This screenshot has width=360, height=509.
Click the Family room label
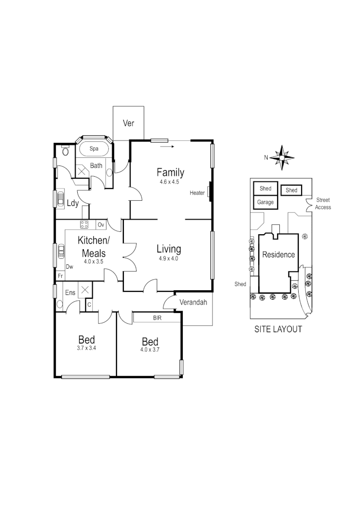coord(170,172)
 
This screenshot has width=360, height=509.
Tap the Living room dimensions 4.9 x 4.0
coord(168,258)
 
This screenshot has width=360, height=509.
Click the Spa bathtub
coord(94,149)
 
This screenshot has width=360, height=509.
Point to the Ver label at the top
coord(129,123)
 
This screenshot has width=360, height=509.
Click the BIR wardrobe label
coord(157,318)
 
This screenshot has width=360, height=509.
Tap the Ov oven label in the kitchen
coord(100,224)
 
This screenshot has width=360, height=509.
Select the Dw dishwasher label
coord(69,266)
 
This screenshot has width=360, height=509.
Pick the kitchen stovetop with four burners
coord(84,224)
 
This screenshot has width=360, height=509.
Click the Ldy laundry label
coord(73,204)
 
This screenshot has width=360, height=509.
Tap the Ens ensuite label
coord(70,293)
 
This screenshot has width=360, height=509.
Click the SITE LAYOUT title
coord(278,329)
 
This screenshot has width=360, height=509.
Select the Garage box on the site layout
coord(265,202)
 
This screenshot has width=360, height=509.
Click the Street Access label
coord(323,204)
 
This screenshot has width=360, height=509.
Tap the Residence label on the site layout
coord(278,254)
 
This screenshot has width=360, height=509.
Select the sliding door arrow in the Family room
coord(167,147)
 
